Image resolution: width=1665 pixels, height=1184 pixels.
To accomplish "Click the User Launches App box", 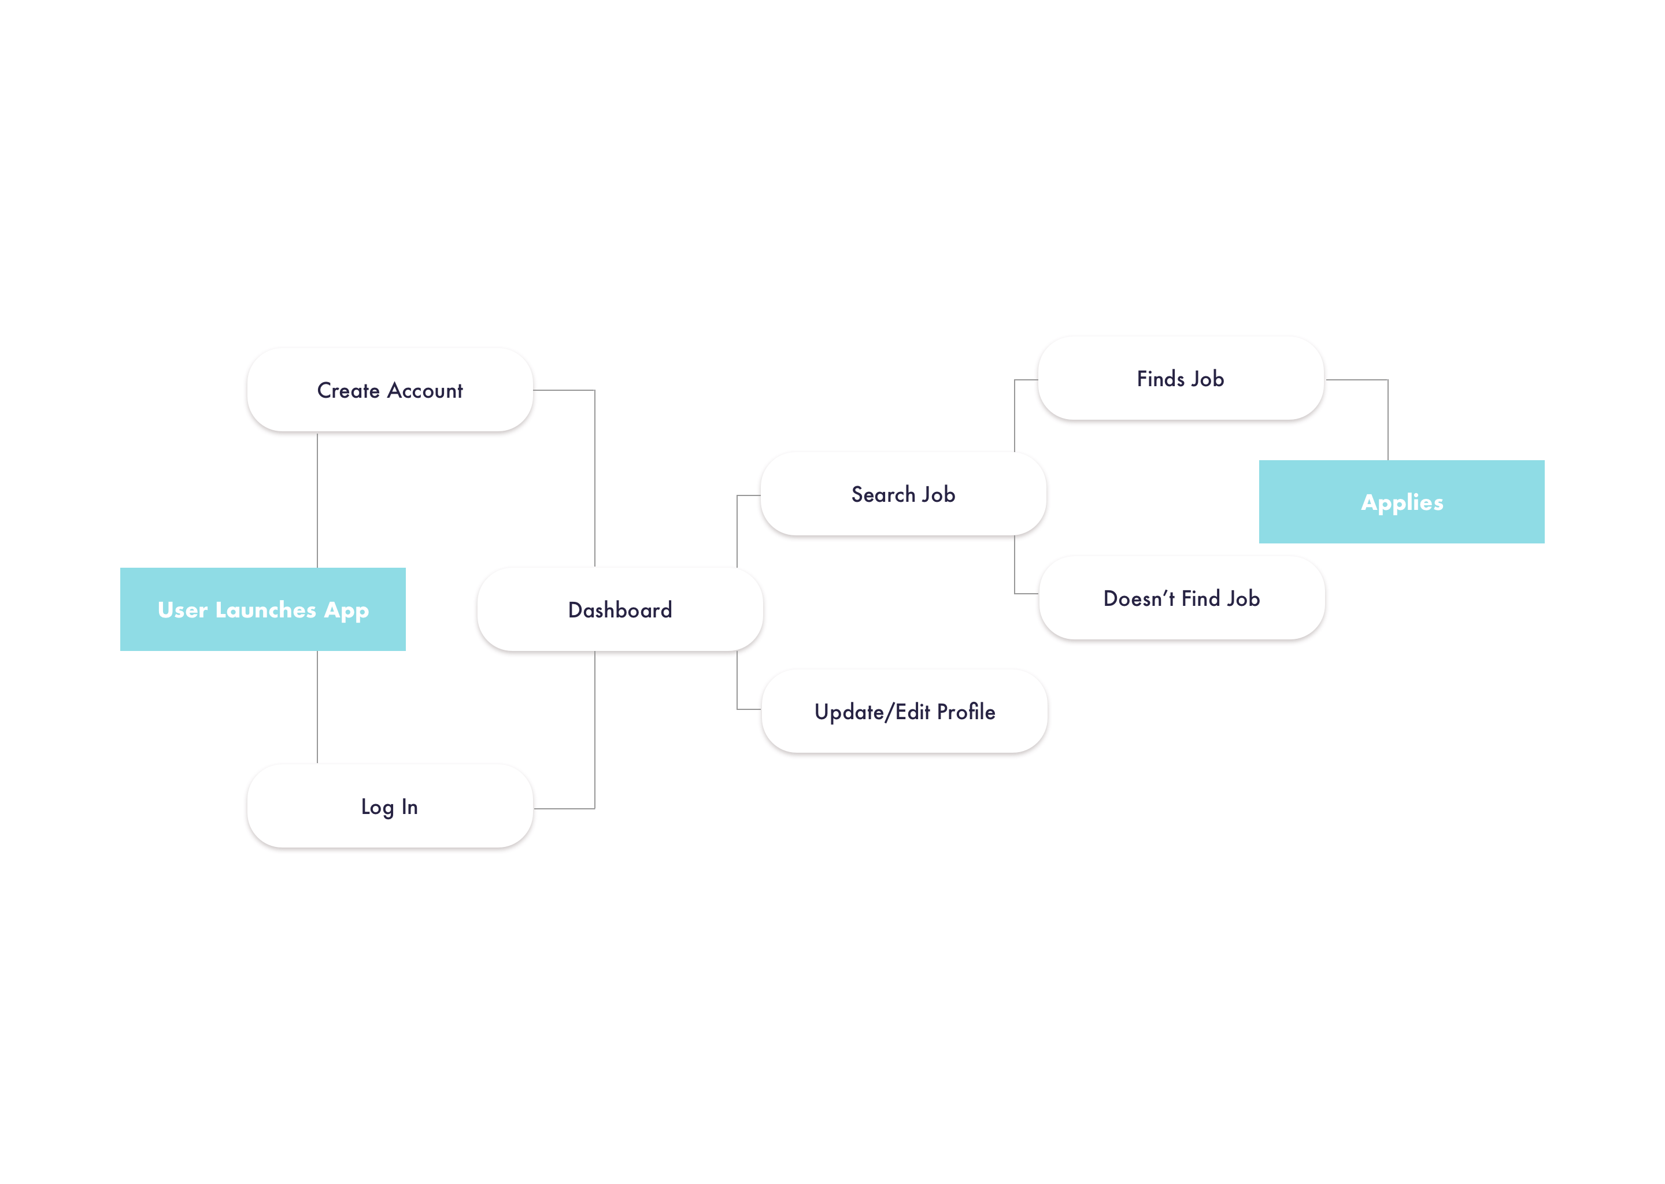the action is [262, 609].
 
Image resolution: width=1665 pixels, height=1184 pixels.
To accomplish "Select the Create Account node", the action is [390, 390].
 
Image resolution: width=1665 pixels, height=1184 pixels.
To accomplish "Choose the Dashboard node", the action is [620, 609].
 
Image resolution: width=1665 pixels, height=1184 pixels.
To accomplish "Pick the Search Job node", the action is [903, 494].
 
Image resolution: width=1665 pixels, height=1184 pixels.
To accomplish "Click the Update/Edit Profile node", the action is [905, 711].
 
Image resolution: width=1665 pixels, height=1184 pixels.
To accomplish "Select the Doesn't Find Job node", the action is [1182, 598].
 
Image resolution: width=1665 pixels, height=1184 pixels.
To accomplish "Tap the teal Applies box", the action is [1401, 502].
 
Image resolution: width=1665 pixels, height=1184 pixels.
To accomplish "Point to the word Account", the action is [425, 391].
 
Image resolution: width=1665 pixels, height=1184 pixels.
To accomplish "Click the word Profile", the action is [966, 712].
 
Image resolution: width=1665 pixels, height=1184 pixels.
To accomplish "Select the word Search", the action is [883, 494].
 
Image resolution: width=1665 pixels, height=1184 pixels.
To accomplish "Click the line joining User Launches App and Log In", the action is [317, 707].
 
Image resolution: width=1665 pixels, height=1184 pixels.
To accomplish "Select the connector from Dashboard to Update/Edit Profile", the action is [737, 685].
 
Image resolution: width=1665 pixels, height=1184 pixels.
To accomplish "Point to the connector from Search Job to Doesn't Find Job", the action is [1015, 569].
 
